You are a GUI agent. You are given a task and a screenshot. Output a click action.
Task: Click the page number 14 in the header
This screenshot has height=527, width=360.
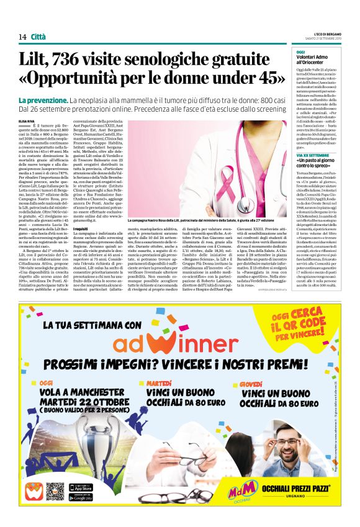tap(22, 37)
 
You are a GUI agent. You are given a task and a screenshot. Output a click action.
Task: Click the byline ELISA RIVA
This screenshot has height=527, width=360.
tap(27, 121)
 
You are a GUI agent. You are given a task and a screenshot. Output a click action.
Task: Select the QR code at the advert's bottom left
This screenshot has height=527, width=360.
tap(55, 492)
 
